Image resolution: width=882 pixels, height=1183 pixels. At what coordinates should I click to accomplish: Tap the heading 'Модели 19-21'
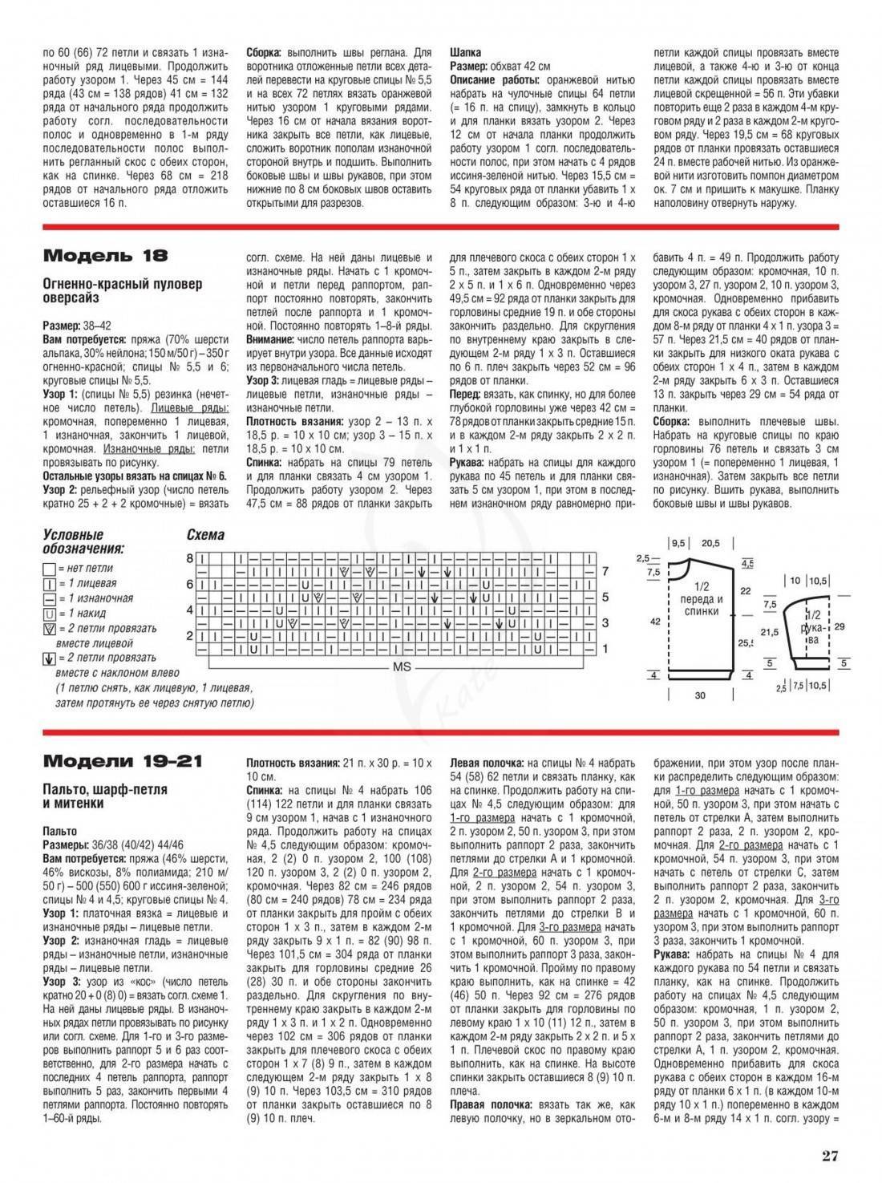[123, 760]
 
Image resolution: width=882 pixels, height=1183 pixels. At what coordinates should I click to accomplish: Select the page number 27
[829, 1156]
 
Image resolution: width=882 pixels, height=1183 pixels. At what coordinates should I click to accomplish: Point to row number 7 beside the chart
[605, 572]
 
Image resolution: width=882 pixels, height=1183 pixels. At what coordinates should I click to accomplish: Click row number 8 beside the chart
[190, 557]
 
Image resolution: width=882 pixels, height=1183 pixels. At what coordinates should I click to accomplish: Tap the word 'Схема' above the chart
[205, 535]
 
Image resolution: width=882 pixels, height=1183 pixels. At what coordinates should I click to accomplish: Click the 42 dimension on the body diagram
[655, 620]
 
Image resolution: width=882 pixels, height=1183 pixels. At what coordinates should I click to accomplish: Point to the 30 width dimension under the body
[700, 695]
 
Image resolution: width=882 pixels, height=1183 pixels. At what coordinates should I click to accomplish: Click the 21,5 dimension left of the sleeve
[770, 632]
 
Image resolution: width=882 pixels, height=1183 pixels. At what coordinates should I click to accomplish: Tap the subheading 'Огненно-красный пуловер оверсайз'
[122, 290]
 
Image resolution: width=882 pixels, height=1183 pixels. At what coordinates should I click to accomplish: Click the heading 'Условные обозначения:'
[83, 542]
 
